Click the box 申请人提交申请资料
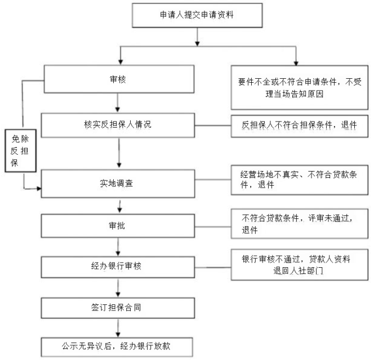click(x=197, y=15)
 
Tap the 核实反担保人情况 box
click(x=117, y=124)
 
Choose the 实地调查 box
click(x=117, y=183)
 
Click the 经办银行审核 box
click(x=117, y=265)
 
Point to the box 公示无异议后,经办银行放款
click(x=117, y=344)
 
